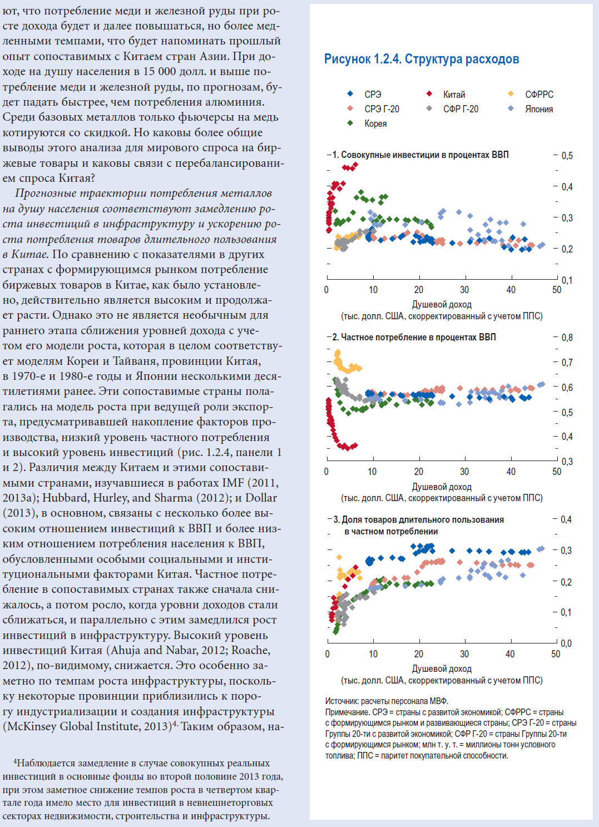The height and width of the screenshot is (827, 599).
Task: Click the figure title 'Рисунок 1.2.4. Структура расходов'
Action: point(422,59)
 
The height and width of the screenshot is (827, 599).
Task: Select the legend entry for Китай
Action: point(445,95)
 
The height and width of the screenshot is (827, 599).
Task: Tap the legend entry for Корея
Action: point(367,123)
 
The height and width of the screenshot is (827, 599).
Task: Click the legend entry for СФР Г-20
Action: point(452,109)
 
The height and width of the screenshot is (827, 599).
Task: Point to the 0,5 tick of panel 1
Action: point(567,156)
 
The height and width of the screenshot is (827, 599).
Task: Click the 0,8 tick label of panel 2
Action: point(567,338)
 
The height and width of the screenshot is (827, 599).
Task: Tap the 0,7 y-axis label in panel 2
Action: point(567,363)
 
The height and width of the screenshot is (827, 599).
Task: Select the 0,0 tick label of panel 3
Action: point(566,643)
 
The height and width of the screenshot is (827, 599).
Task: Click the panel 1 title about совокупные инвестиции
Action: point(420,155)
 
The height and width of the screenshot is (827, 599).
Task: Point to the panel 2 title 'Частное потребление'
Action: point(414,337)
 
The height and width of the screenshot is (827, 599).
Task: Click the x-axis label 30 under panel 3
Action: point(464,654)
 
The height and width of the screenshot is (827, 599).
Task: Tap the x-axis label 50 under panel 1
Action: point(557,290)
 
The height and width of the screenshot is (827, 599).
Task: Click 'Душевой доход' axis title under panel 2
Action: point(442,487)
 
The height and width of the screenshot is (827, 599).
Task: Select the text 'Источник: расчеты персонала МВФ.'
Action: point(387,701)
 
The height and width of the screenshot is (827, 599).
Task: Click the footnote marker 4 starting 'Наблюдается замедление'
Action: point(15,762)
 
